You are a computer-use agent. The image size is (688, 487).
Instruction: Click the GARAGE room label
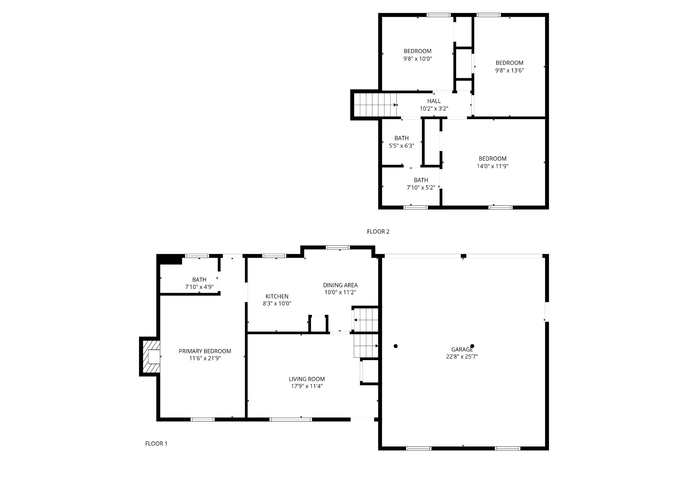click(462, 349)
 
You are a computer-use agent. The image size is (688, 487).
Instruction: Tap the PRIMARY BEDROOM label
click(205, 351)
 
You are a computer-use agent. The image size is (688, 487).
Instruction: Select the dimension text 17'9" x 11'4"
click(307, 386)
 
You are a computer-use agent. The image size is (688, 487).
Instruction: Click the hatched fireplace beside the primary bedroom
click(150, 356)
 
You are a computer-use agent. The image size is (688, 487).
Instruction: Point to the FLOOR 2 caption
click(378, 232)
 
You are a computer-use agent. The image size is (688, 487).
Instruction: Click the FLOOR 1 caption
click(156, 443)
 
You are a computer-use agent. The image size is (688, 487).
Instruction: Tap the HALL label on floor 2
click(434, 101)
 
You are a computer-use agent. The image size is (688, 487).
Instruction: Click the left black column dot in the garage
click(396, 346)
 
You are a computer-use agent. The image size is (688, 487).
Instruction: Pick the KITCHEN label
click(277, 296)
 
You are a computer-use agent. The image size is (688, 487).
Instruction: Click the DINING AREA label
click(340, 285)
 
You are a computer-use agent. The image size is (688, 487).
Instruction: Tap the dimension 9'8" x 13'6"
click(509, 70)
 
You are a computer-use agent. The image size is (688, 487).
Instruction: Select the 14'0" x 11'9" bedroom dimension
click(492, 166)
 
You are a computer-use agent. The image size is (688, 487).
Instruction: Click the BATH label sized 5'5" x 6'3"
click(401, 138)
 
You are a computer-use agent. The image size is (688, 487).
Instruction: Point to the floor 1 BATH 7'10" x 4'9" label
click(199, 280)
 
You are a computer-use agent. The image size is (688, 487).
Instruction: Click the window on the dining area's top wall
click(338, 247)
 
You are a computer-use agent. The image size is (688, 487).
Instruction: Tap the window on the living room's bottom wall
click(291, 419)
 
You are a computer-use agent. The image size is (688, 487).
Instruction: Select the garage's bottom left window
click(419, 448)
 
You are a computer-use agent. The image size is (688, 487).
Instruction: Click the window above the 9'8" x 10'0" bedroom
click(438, 15)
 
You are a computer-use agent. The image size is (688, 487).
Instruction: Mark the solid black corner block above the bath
click(170, 260)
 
